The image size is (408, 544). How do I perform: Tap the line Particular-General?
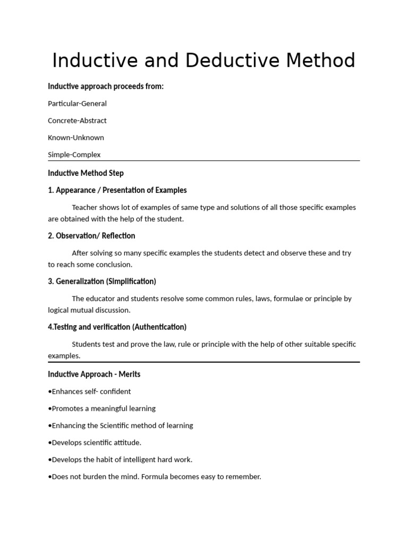click(x=77, y=104)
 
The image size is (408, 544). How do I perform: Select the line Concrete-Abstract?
click(x=77, y=121)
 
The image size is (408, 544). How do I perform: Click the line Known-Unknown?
click(x=76, y=138)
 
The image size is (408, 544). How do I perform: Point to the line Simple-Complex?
click(x=74, y=155)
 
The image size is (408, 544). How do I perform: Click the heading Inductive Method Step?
click(x=86, y=173)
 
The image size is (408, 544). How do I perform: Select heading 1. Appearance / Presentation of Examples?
click(x=117, y=190)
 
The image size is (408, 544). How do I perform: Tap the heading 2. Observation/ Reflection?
click(x=91, y=236)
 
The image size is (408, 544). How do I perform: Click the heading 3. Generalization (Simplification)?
click(x=102, y=282)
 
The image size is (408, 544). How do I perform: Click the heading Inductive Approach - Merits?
click(x=94, y=375)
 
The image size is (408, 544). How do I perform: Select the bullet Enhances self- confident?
click(x=89, y=392)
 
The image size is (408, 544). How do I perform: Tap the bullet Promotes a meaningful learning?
click(x=101, y=409)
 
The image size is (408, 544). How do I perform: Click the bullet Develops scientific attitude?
click(x=95, y=443)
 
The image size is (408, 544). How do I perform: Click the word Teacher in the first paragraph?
click(x=84, y=207)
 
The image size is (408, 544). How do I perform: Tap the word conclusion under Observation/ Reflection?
click(x=114, y=265)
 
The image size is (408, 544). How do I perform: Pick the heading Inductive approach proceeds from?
click(x=106, y=87)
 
